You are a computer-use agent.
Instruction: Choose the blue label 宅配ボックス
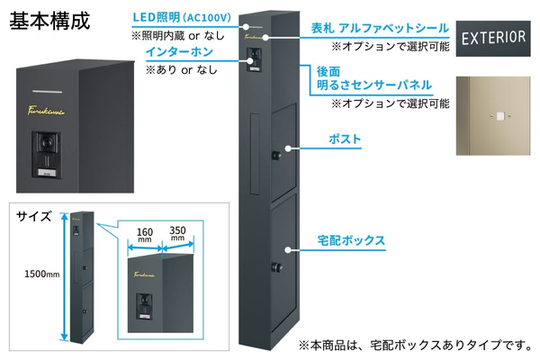coord(352,240)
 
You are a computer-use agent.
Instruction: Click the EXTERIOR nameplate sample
coord(493,38)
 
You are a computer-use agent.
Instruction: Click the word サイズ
coord(33,217)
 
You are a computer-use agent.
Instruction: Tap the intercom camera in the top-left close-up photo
coord(46,145)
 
